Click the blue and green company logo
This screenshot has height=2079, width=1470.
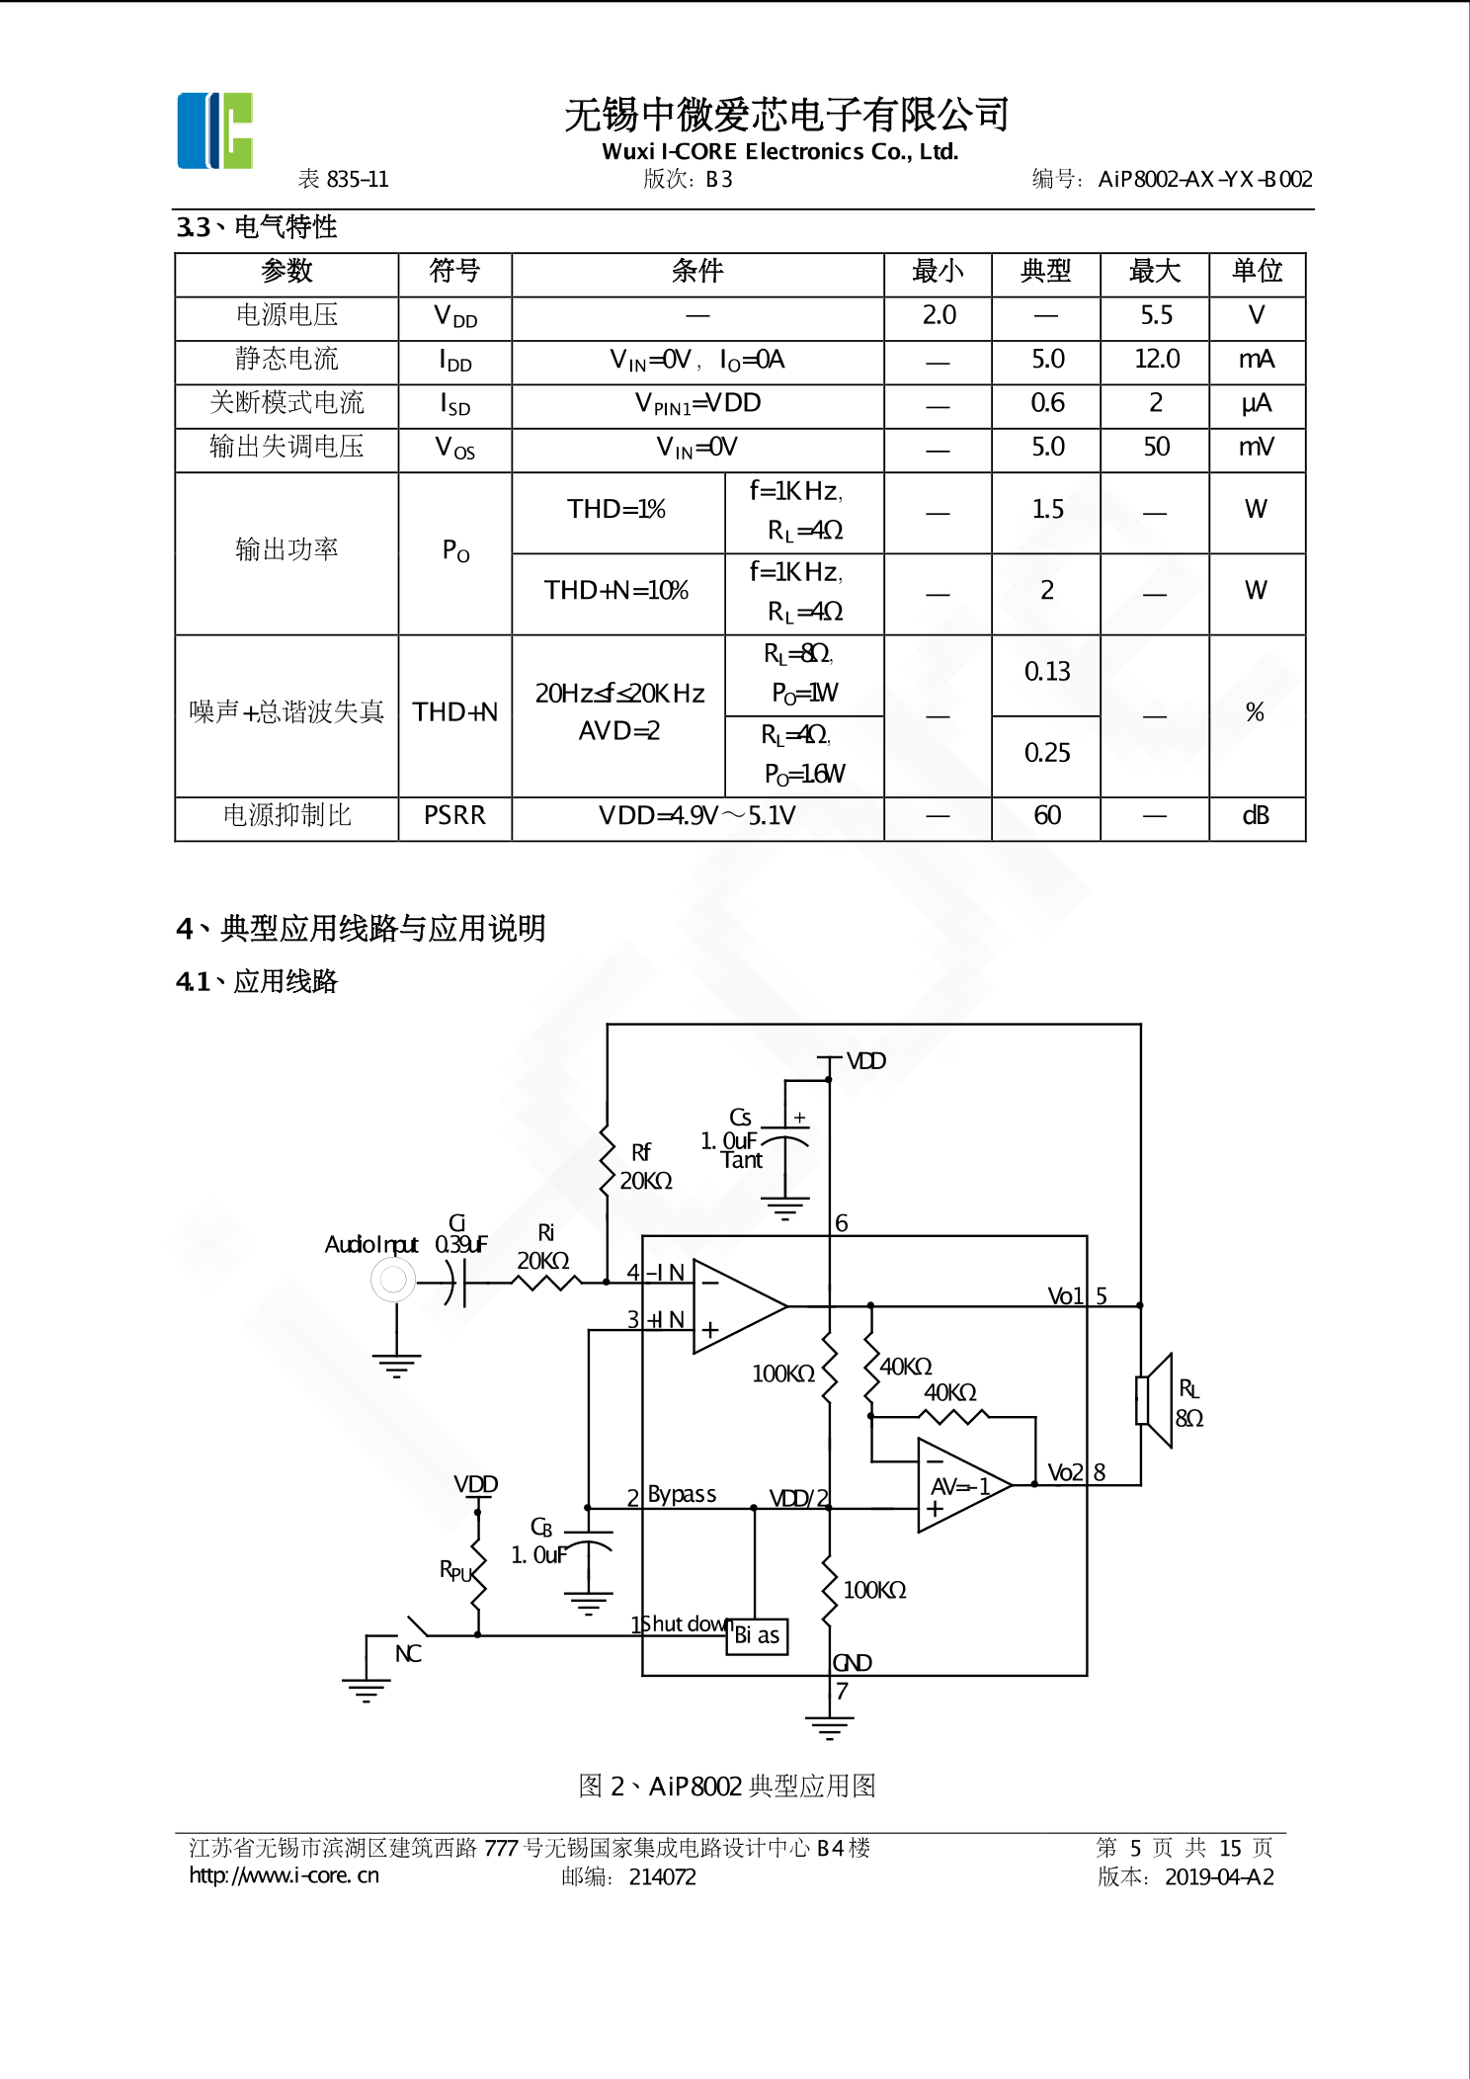215,130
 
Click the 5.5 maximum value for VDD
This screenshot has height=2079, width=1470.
1155,315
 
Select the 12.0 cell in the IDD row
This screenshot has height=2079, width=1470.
1155,359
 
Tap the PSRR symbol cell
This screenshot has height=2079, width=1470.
454,815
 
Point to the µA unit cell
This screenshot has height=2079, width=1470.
1256,403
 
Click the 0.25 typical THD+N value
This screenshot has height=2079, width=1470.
1046,753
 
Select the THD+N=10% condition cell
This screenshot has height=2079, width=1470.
616,591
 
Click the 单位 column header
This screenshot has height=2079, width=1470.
1257,271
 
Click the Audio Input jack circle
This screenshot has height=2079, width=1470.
393,1281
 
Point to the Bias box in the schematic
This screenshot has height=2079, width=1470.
757,1635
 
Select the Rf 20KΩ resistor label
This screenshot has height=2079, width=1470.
644,1167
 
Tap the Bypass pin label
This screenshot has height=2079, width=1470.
682,1494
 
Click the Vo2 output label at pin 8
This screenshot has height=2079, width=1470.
1065,1472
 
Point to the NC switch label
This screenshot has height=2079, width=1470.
408,1653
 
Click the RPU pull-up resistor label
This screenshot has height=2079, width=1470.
455,1570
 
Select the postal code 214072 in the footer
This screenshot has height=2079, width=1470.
662,1876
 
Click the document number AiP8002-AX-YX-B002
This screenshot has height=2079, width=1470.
1204,179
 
